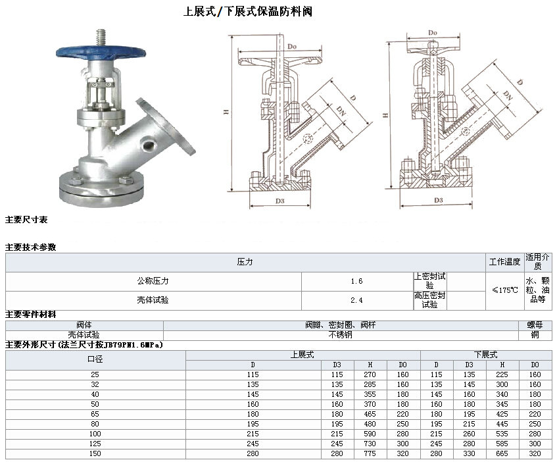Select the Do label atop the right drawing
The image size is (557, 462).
tap(432, 32)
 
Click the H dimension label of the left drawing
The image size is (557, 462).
tap(226, 113)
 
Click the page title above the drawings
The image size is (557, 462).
tap(243, 12)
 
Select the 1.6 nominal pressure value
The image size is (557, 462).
tap(356, 281)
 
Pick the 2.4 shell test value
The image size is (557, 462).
tap(356, 300)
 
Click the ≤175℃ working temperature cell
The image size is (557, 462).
tap(504, 290)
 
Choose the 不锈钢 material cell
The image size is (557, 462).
tap(340, 334)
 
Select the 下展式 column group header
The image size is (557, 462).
tap(485, 355)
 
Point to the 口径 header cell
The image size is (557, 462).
tap(95, 359)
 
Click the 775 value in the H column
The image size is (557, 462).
tap(370, 454)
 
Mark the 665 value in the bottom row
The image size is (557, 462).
tap(502, 454)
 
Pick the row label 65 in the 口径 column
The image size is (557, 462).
tap(95, 415)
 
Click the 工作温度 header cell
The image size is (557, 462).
tap(504, 262)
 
